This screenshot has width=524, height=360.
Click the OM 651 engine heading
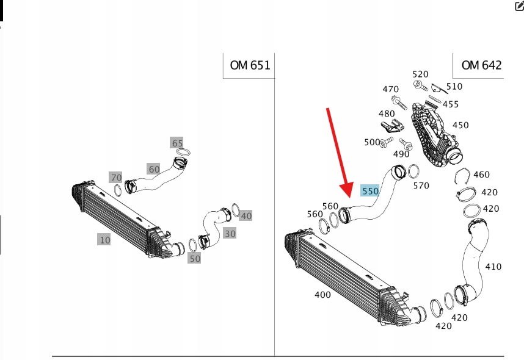coord(250,65)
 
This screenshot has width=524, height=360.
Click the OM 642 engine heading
coord(481,65)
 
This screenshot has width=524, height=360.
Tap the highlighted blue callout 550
coord(370,191)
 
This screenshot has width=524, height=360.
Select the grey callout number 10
coord(105,240)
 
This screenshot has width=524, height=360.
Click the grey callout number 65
coord(177,143)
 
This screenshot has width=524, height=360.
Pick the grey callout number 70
coord(116,178)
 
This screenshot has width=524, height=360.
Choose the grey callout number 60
coord(153,169)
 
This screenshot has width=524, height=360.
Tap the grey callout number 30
coord(230,233)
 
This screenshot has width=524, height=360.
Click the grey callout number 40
coord(246,215)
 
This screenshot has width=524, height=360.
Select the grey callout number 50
coord(194,258)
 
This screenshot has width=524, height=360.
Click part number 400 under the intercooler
coord(322,295)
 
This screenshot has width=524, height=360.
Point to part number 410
coord(493,267)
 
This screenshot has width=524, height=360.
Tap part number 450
coord(460,125)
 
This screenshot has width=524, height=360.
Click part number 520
coord(420,74)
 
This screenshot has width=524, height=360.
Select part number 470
coord(391,89)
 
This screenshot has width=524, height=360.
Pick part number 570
coord(421,185)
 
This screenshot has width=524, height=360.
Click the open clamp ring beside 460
coord(464,178)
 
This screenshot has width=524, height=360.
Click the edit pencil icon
coord(519,6)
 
